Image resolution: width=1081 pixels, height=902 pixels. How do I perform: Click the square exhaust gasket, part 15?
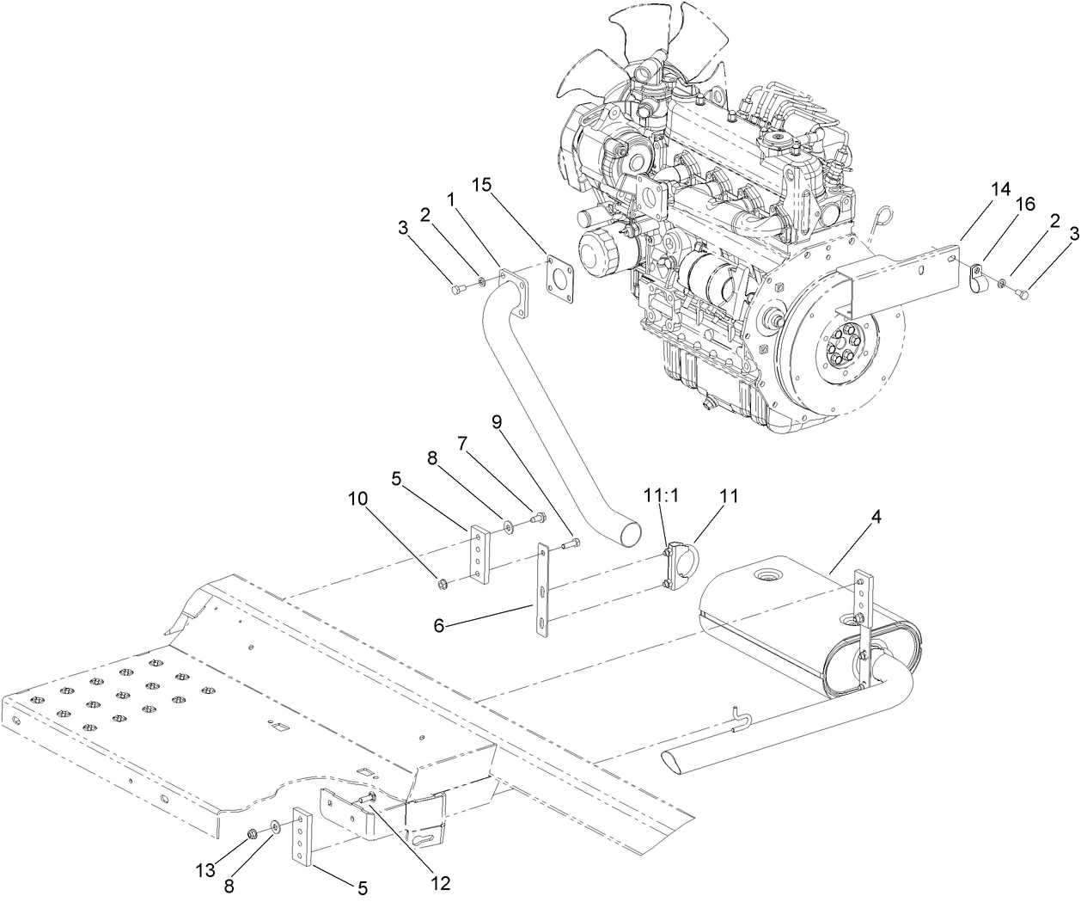[560, 278]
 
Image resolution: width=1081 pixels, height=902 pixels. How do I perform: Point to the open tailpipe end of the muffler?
[676, 762]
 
